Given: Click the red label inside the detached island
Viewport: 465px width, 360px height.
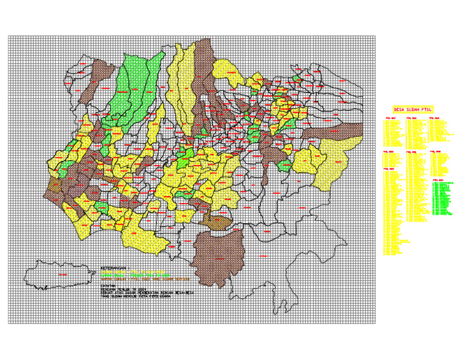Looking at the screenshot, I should [61, 275].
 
